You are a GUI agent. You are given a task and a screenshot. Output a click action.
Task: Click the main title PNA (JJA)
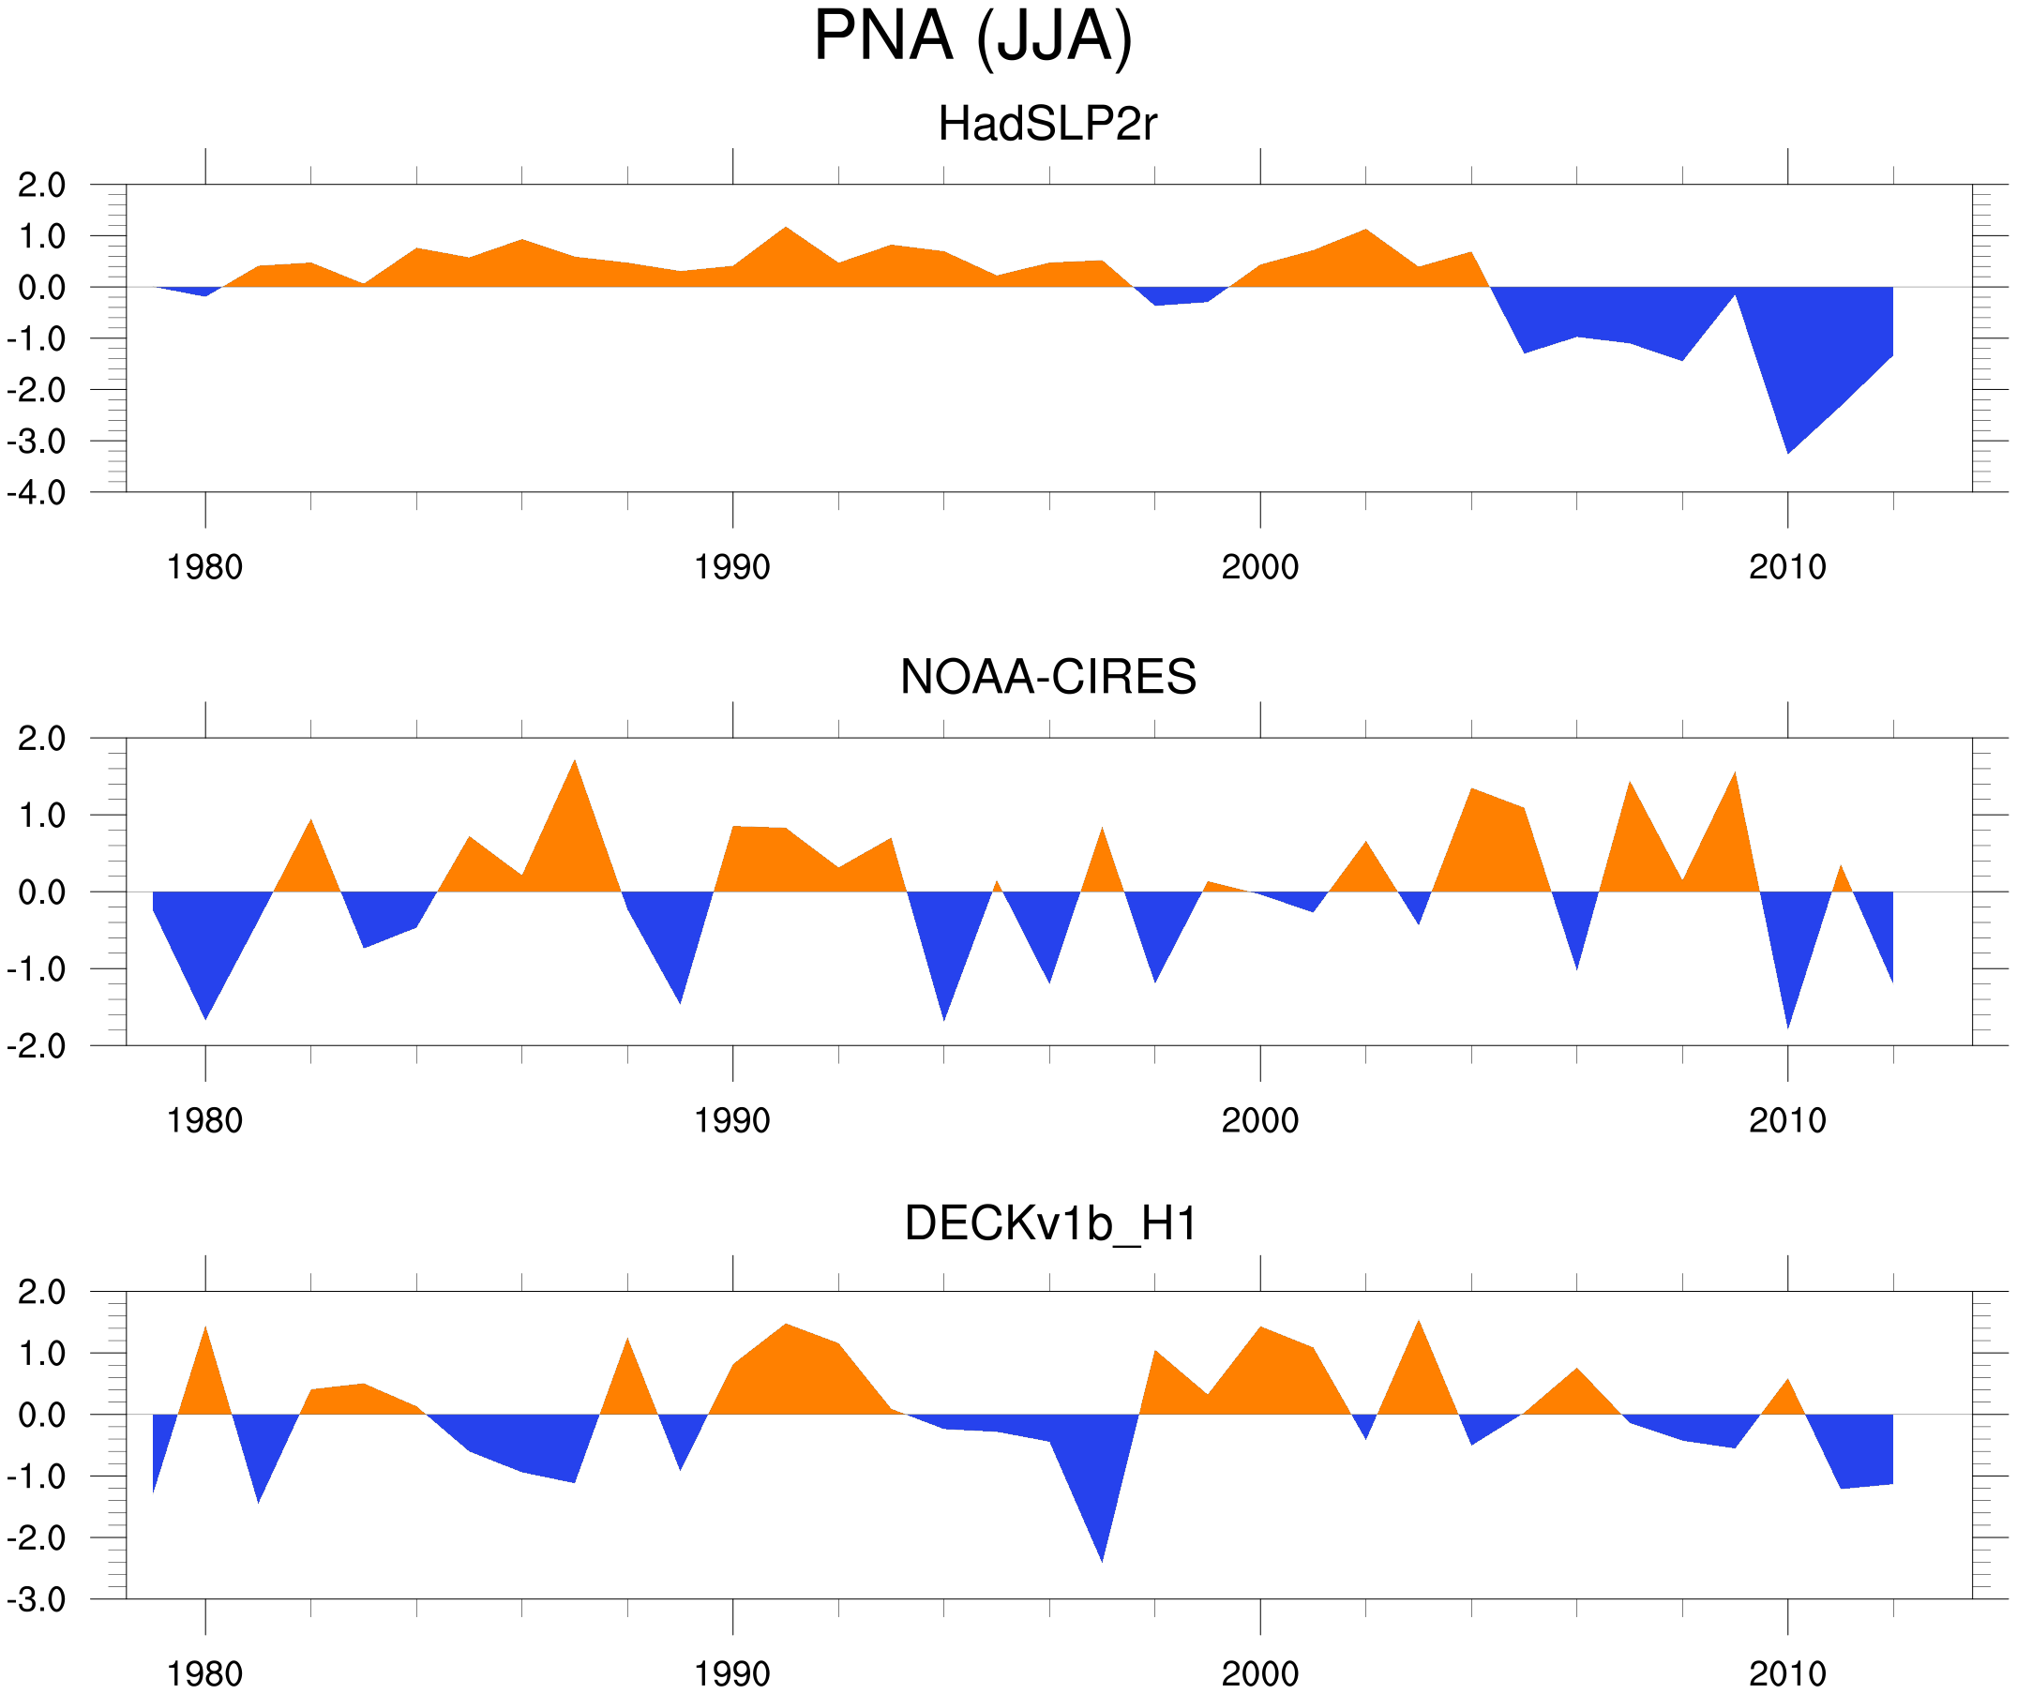[x=972, y=37]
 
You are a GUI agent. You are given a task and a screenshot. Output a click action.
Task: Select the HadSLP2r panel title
[x=1046, y=124]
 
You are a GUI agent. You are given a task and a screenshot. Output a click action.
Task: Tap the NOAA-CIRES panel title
[x=1047, y=677]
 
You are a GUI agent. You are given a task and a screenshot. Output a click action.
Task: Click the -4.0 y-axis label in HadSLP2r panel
[x=37, y=494]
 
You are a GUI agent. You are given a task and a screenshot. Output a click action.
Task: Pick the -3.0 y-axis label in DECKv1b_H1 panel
[x=37, y=1600]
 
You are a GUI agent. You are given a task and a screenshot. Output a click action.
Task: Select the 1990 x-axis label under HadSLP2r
[x=732, y=567]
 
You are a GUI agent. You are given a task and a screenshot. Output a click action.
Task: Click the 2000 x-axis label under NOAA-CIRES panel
[x=1259, y=1120]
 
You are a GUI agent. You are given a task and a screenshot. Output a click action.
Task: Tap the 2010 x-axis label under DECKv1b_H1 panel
[x=1786, y=1673]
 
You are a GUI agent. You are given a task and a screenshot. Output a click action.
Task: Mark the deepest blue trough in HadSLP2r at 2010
[x=1787, y=447]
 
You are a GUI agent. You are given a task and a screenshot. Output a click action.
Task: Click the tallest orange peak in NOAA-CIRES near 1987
[x=575, y=766]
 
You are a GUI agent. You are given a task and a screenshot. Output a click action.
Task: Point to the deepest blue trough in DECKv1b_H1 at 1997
[x=1102, y=1555]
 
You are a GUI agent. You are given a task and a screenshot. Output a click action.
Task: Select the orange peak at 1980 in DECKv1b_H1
[x=205, y=1334]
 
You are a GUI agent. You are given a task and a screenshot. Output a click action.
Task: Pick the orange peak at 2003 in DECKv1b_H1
[x=1419, y=1328]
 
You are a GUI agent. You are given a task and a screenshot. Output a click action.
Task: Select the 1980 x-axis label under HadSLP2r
[x=204, y=567]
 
